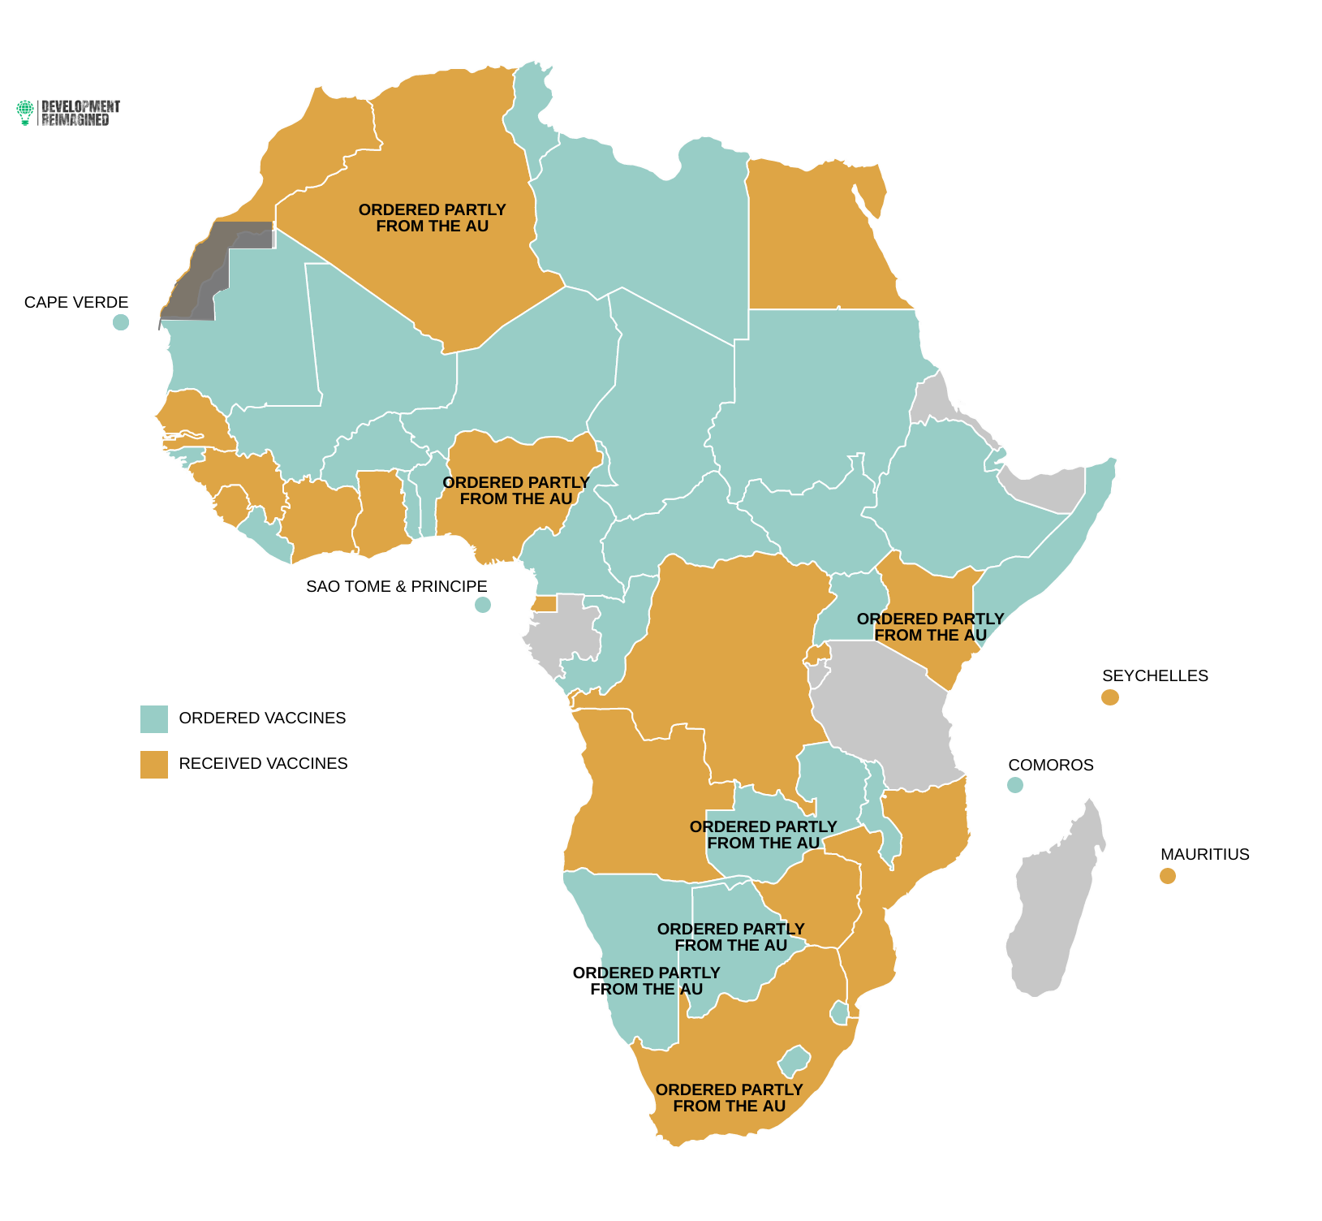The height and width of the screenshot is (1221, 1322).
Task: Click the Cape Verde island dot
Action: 121,322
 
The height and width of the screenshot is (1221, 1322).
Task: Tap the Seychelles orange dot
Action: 1109,697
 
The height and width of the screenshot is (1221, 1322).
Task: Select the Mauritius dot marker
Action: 1167,876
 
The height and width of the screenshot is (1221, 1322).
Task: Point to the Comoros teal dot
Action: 1014,785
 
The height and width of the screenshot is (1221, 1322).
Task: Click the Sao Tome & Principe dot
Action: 482,605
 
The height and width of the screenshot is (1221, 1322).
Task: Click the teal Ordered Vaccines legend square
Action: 154,719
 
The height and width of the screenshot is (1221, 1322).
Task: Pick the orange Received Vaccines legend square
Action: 154,765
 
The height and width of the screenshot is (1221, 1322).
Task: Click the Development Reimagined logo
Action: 68,113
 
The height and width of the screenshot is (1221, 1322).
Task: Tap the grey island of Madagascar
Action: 1055,901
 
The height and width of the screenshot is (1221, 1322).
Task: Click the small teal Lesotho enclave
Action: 794,1060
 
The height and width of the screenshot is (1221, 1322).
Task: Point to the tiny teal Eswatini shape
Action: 839,1012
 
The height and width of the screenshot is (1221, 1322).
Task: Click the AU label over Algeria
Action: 432,218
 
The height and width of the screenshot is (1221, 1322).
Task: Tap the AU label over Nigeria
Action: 516,491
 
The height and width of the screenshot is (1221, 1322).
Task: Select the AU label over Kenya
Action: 930,628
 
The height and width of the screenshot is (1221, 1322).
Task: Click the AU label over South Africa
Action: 729,1098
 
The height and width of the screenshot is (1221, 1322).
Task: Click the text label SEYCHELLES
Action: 1154,676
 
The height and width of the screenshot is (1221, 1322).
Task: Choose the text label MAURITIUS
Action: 1204,855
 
